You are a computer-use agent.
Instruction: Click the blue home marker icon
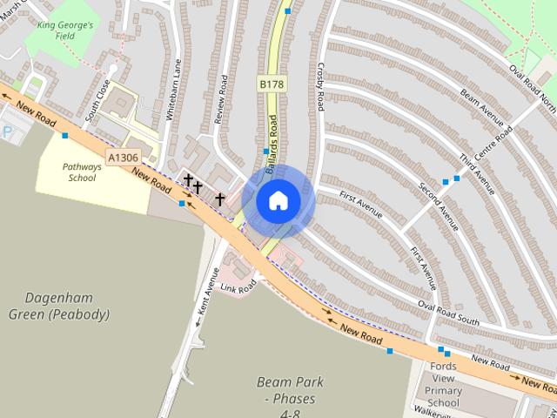[278, 201]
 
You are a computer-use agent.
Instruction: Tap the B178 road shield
[272, 84]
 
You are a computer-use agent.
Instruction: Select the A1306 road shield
[123, 158]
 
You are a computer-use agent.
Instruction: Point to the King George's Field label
[65, 31]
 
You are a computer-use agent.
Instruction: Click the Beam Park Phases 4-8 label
[291, 394]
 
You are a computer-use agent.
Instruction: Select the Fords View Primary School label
[444, 384]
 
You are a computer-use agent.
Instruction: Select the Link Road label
[238, 285]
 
